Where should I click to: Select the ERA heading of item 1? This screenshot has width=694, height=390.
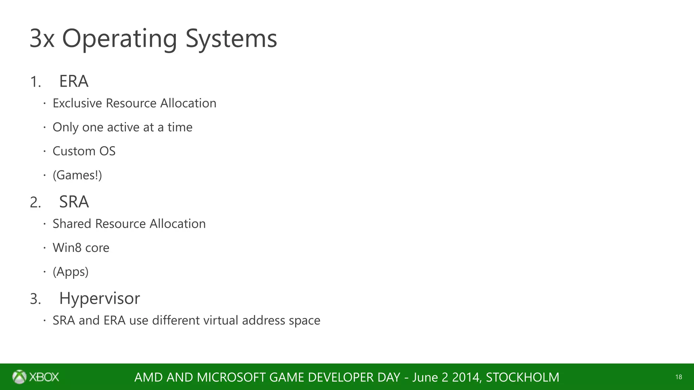click(x=74, y=82)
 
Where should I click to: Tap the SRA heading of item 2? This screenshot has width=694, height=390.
click(x=74, y=202)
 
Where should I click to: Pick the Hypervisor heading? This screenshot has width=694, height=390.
click(x=99, y=299)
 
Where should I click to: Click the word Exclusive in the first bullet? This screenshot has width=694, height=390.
click(x=77, y=103)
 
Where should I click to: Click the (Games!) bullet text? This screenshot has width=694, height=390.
click(x=77, y=175)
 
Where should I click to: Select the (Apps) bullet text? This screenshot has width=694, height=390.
click(x=70, y=272)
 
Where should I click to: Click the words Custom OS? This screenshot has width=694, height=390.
click(x=84, y=151)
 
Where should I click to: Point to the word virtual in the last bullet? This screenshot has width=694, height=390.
click(x=221, y=320)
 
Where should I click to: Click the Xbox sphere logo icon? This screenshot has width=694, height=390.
click(x=19, y=377)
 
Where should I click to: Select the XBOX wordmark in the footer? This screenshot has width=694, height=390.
click(x=44, y=377)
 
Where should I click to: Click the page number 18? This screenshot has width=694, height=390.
click(x=678, y=377)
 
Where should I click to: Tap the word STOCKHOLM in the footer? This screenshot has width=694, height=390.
click(x=523, y=377)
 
